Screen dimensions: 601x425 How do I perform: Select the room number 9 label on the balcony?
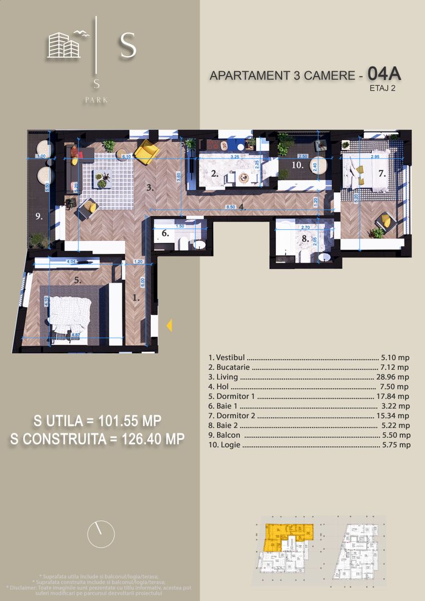pyautogui.click(x=39, y=217)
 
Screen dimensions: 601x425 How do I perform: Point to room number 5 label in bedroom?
pyautogui.click(x=78, y=280)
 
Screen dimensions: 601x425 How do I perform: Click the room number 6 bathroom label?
pyautogui.click(x=165, y=234)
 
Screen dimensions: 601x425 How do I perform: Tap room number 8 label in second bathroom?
pyautogui.click(x=304, y=239)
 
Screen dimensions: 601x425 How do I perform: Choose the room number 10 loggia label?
pyautogui.click(x=297, y=165)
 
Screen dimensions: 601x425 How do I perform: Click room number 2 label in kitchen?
pyautogui.click(x=215, y=174)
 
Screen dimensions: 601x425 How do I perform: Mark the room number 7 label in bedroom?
pyautogui.click(x=382, y=173)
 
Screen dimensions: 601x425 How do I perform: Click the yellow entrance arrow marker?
pyautogui.click(x=169, y=326)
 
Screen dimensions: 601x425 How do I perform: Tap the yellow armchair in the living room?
pyautogui.click(x=147, y=150)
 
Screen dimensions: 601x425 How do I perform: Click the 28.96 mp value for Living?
pyautogui.click(x=393, y=377)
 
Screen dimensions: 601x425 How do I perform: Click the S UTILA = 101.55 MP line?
pyautogui.click(x=98, y=420)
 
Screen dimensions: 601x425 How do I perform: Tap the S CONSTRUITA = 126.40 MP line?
pyautogui.click(x=97, y=439)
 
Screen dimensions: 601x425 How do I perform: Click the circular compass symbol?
pyautogui.click(x=101, y=534)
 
